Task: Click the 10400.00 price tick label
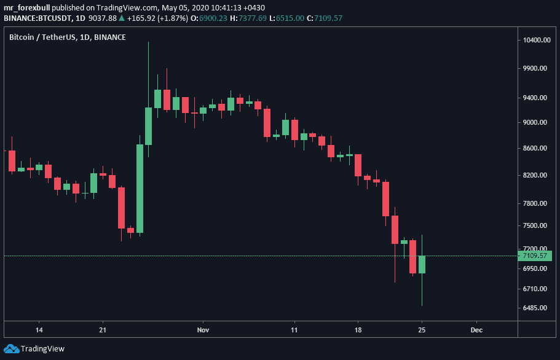tap(535, 40)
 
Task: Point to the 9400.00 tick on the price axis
tap(535, 98)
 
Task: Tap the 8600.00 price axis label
tap(535, 148)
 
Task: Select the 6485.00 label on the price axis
tap(535, 308)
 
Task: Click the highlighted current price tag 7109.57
tap(535, 256)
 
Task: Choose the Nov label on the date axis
tap(203, 330)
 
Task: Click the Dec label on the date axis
tap(476, 330)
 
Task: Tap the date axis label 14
tap(39, 330)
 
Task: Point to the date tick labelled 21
tap(103, 330)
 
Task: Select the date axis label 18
tap(358, 330)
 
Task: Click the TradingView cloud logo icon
tap(11, 349)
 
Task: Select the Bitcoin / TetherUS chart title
tap(68, 37)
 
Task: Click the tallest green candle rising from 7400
tap(140, 189)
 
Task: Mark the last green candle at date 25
tap(422, 264)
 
